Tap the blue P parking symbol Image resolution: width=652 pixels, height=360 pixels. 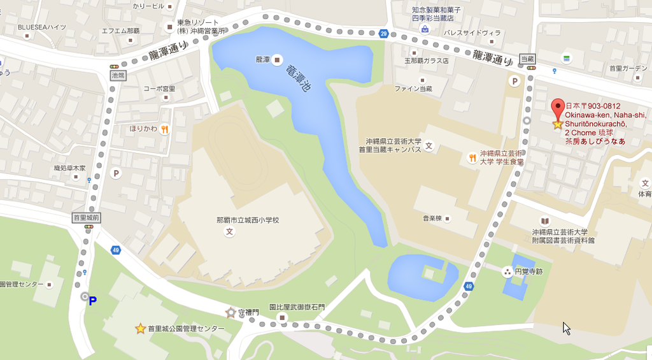pyautogui.click(x=93, y=301)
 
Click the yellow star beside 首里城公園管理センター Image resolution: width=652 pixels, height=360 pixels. pyautogui.click(x=140, y=329)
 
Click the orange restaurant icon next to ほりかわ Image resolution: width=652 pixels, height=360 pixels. pyautogui.click(x=164, y=129)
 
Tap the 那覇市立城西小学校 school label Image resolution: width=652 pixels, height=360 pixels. pyautogui.click(x=248, y=220)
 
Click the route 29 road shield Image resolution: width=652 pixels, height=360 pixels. pyautogui.click(x=383, y=33)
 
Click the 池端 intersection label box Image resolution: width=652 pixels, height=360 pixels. pyautogui.click(x=118, y=75)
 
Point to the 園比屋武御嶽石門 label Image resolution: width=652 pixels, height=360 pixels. pyautogui.click(x=297, y=307)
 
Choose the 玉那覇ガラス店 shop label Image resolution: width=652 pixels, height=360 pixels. pyautogui.click(x=426, y=61)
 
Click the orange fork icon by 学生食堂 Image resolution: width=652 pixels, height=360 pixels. pyautogui.click(x=472, y=158)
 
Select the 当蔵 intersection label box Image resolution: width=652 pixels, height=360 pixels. pyautogui.click(x=527, y=59)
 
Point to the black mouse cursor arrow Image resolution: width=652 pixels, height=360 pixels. pyautogui.click(x=565, y=328)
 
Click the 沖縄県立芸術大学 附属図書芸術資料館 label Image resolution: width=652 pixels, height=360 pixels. pyautogui.click(x=563, y=236)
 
